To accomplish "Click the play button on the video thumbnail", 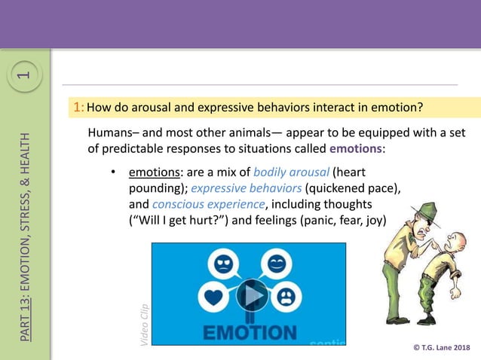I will pos(252,295).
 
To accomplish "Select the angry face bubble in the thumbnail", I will pos(225,265).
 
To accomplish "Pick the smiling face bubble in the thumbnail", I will pos(276,264).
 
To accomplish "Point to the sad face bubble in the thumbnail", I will pos(289,296).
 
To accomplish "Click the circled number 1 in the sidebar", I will pos(25,75).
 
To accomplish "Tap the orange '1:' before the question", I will pos(78,107).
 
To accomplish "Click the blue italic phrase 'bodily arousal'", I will pos(291,170).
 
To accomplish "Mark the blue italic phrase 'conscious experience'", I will pos(208,203).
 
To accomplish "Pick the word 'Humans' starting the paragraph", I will pos(110,133).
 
